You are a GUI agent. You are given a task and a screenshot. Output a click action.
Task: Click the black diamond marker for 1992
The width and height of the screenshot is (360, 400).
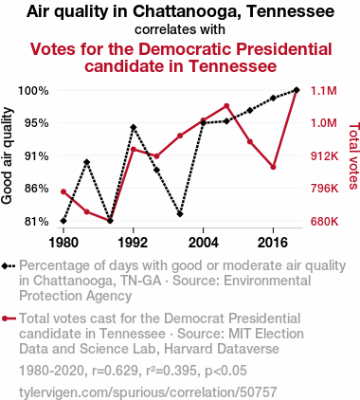(134, 127)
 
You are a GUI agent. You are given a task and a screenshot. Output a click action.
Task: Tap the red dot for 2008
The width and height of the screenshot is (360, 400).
(226, 106)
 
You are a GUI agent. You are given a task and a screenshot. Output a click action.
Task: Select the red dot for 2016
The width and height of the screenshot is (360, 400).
(273, 167)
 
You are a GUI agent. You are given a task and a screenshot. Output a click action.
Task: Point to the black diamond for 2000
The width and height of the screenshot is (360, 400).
(180, 214)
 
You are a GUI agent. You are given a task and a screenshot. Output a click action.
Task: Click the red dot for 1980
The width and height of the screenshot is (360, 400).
(63, 191)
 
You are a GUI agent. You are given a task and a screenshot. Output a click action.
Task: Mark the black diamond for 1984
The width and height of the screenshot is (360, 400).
(87, 162)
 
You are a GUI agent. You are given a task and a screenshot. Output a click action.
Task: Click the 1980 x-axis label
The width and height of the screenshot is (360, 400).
(63, 243)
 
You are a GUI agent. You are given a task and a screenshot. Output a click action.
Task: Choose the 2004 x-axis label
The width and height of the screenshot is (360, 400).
(203, 243)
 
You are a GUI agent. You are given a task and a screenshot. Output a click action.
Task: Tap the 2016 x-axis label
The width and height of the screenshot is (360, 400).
(273, 243)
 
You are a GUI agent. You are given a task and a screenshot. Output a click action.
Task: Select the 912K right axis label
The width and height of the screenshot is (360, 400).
(324, 155)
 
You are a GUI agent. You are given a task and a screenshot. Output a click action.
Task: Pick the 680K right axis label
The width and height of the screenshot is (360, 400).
(324, 222)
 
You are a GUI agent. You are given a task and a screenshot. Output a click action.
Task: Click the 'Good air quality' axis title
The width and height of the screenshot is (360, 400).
(7, 156)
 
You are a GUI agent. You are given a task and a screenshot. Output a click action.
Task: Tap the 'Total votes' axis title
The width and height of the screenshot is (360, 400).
(353, 155)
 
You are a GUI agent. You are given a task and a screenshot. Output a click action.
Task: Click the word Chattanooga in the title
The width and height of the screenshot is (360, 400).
(188, 11)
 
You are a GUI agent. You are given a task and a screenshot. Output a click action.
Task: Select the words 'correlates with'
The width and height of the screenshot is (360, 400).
(180, 29)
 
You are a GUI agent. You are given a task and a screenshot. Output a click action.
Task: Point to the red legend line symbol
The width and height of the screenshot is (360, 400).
(9, 318)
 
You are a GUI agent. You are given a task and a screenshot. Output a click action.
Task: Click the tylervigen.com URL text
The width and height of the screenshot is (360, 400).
(148, 392)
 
